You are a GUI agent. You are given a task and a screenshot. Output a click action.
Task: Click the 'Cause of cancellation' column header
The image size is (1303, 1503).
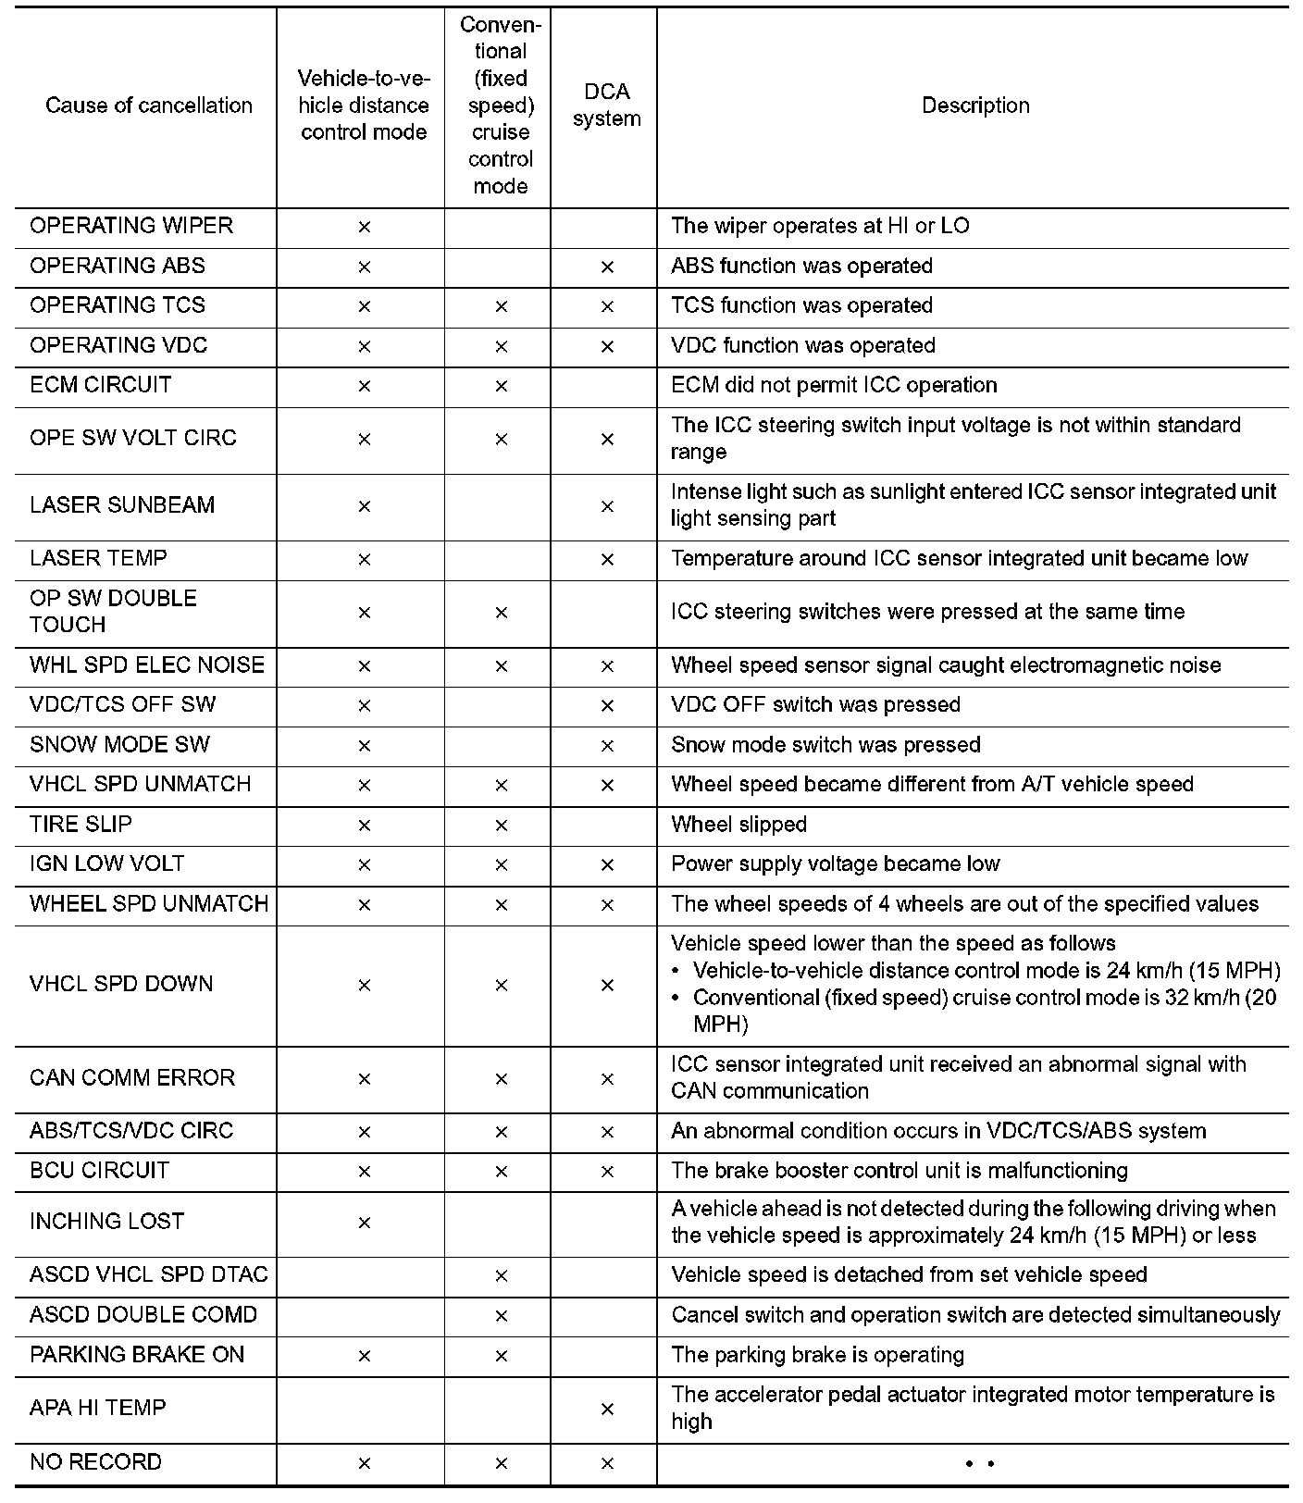[x=148, y=106]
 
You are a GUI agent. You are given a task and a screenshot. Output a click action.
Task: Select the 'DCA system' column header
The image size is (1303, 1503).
[x=606, y=106]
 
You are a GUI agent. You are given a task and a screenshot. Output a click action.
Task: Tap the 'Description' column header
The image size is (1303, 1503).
[x=975, y=106]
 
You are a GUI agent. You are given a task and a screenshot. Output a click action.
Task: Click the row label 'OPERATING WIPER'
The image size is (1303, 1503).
[x=131, y=226]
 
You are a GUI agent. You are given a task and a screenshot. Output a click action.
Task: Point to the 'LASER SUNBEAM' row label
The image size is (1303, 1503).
[x=122, y=505]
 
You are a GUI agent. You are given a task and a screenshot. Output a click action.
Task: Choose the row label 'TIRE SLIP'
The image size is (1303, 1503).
[x=81, y=824]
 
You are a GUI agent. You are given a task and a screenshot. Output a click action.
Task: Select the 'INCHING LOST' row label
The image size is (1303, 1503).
[x=106, y=1222]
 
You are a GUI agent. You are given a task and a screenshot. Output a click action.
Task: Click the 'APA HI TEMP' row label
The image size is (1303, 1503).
[x=98, y=1408]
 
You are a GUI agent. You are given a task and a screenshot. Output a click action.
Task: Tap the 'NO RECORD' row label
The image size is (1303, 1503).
[x=95, y=1462]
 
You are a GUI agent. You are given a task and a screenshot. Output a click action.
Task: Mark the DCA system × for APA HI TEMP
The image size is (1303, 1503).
[x=607, y=1409]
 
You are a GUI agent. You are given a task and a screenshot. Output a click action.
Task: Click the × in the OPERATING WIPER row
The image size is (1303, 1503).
[x=364, y=227]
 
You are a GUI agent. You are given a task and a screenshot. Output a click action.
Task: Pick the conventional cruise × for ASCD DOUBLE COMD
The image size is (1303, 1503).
[x=501, y=1315]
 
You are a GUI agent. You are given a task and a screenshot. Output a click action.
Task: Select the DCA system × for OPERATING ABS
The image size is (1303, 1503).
[x=607, y=267]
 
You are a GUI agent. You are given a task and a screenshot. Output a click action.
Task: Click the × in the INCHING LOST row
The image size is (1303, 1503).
[x=364, y=1223]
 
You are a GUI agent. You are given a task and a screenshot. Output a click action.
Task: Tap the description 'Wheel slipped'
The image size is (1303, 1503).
[x=738, y=825]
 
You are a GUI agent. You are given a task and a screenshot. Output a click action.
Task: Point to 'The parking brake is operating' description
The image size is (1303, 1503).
[x=817, y=1355]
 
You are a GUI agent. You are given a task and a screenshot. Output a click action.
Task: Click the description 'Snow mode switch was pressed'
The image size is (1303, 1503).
[x=825, y=745]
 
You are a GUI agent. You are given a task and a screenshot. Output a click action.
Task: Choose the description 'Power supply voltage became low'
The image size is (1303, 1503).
[x=835, y=864]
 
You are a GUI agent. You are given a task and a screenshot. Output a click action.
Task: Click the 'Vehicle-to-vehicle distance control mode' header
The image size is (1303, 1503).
[x=364, y=106]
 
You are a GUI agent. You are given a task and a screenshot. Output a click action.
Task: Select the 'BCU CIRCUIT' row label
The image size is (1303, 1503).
[x=99, y=1171]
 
